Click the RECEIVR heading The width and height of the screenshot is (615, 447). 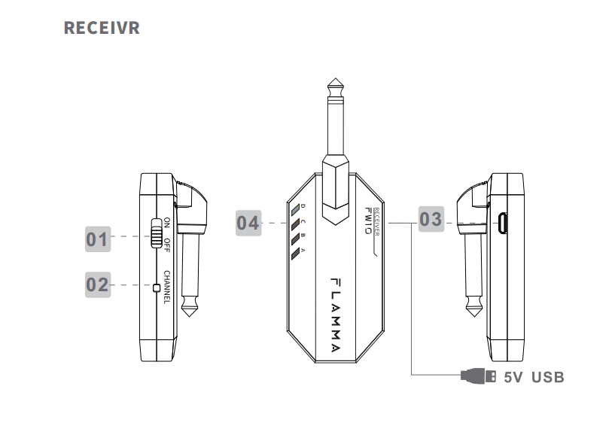102,28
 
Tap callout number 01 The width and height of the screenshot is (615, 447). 98,239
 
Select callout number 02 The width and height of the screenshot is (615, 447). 98,284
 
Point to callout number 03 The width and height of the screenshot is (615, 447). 431,219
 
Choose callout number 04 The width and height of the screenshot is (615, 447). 248,223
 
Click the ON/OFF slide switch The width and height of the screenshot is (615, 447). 157,233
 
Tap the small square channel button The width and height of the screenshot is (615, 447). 157,288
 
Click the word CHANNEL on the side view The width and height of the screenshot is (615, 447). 167,287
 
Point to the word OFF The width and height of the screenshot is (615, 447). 167,245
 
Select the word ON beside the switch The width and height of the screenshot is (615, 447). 167,223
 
